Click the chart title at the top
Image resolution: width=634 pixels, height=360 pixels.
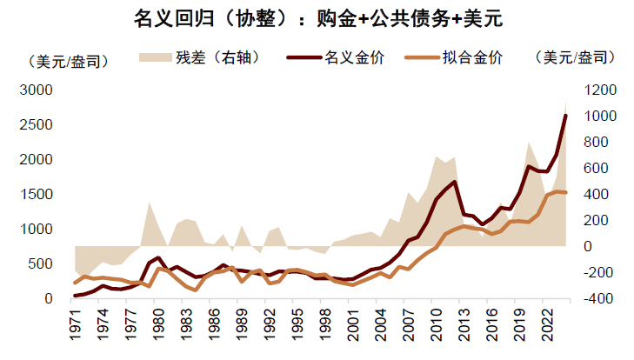coord(317,17)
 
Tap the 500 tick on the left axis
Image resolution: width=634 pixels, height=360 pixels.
coord(41,264)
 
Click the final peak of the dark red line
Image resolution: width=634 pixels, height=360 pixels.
coord(566,115)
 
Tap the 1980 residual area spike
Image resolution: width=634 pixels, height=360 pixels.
coord(150,204)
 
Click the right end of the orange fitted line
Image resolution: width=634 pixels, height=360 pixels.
coord(566,192)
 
